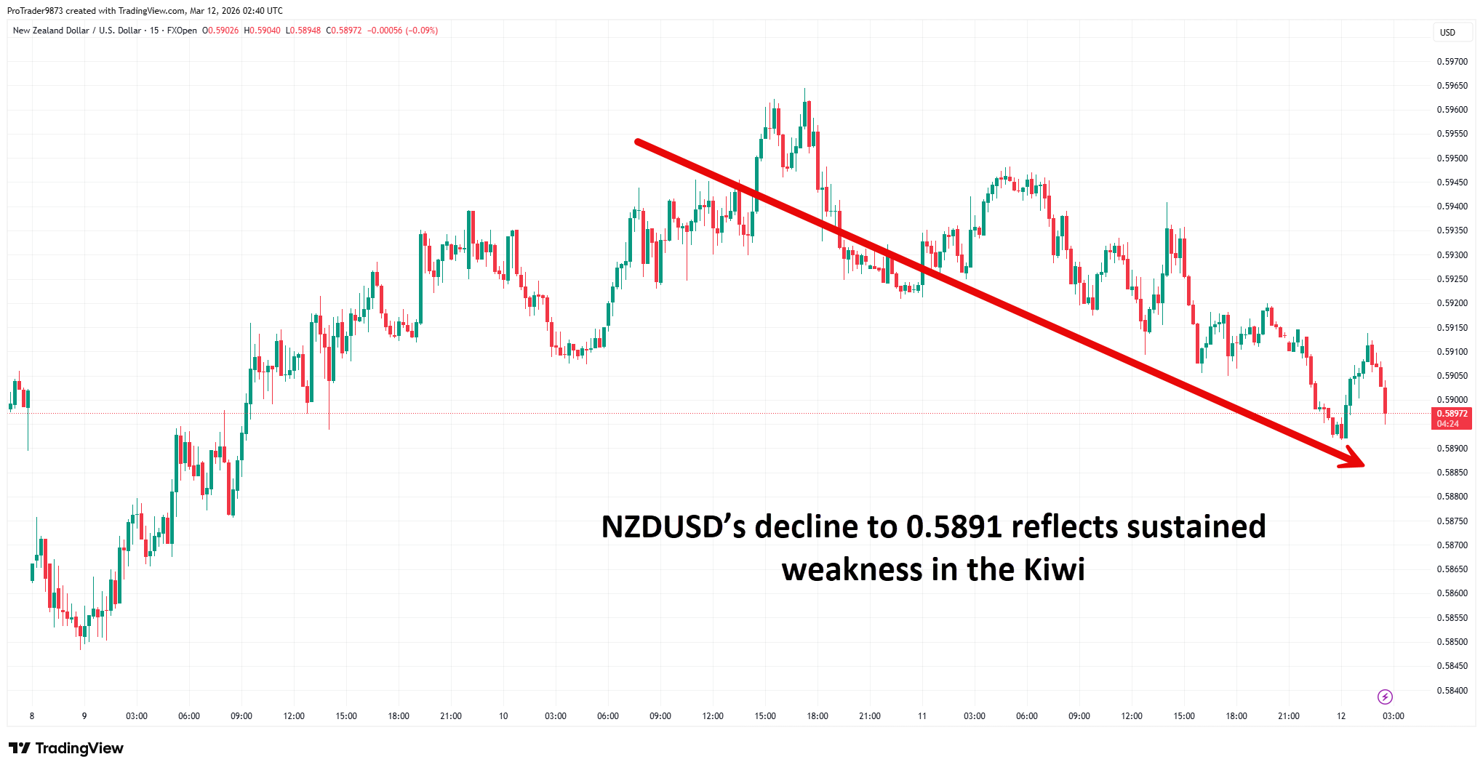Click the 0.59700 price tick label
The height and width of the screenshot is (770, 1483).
click(x=1452, y=62)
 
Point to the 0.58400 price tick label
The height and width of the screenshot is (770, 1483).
click(x=1452, y=690)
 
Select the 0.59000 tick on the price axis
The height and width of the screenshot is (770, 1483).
click(x=1452, y=400)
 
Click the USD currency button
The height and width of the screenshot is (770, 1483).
click(x=1447, y=32)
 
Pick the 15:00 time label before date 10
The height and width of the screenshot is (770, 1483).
click(x=346, y=716)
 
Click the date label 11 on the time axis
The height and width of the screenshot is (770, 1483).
click(x=922, y=716)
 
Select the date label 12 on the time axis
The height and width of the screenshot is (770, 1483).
click(x=1340, y=716)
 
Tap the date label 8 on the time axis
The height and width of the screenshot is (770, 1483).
click(x=32, y=716)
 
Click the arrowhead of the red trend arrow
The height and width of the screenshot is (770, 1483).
click(x=1354, y=459)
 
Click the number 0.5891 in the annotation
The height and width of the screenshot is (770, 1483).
click(x=954, y=526)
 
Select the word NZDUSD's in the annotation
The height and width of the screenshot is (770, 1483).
click(x=673, y=526)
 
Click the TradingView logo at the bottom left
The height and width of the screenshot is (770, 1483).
click(x=66, y=748)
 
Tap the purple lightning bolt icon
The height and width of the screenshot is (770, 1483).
click(x=1385, y=697)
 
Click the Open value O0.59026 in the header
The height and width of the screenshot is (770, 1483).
click(x=220, y=31)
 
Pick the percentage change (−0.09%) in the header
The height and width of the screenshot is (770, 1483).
click(x=422, y=31)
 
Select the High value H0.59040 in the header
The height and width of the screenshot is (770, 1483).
click(x=262, y=31)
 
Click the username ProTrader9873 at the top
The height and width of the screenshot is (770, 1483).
click(x=35, y=11)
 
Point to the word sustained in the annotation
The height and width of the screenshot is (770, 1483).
click(x=1196, y=526)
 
